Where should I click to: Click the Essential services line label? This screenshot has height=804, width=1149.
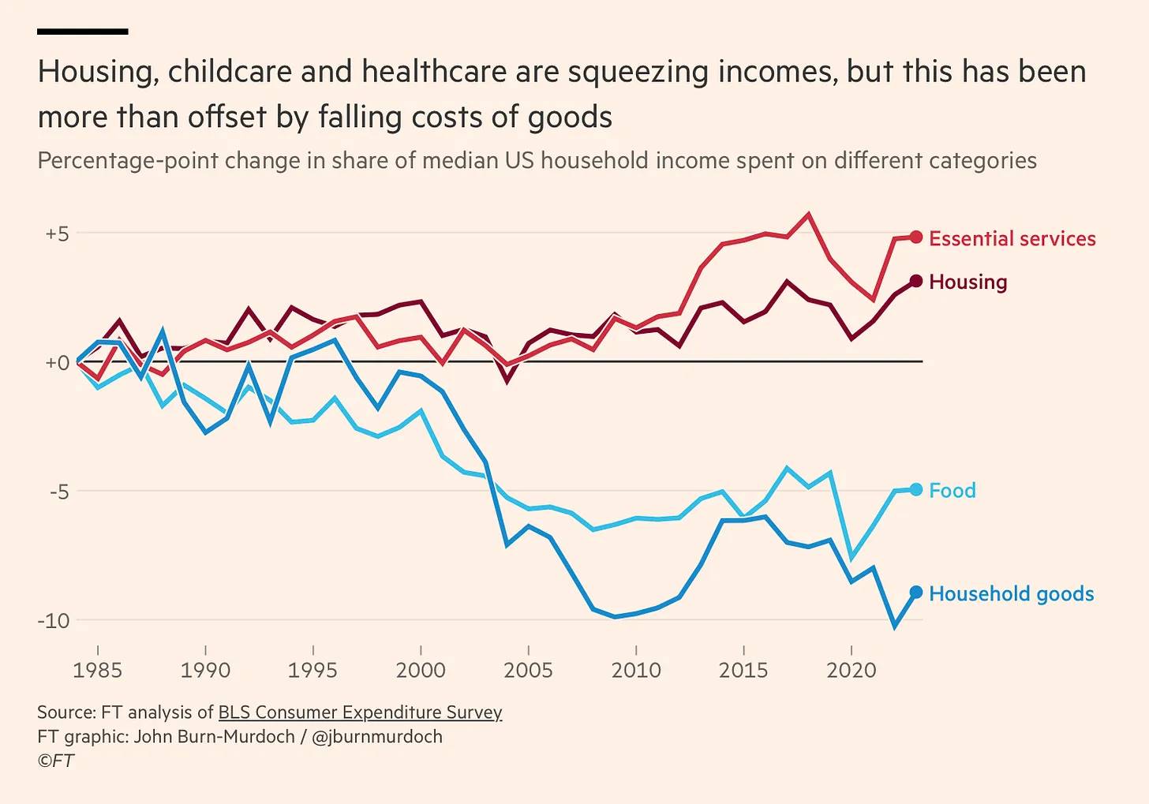click(1012, 238)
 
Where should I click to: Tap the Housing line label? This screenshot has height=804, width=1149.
click(967, 282)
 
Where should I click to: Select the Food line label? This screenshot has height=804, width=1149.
click(952, 490)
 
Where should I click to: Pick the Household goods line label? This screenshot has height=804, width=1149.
click(1011, 593)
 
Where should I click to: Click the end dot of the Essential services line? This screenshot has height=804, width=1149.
click(915, 237)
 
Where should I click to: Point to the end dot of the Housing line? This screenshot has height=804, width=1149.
click(915, 281)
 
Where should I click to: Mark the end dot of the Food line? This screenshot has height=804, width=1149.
click(915, 490)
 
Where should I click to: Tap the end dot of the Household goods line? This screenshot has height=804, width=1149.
click(915, 593)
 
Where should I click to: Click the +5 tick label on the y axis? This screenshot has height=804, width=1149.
click(57, 234)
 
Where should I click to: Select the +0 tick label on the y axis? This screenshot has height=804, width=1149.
click(57, 363)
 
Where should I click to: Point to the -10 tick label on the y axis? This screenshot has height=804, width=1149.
click(54, 620)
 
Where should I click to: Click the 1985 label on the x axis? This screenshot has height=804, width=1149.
click(98, 671)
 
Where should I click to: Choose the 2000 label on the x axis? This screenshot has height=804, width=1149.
click(421, 671)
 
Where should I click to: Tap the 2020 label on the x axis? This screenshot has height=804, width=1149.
click(851, 671)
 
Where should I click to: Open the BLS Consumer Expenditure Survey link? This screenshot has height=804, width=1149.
click(360, 712)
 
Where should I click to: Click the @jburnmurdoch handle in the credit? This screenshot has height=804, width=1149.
click(376, 737)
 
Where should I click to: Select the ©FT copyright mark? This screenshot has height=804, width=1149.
click(55, 761)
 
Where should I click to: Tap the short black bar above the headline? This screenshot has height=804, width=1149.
click(82, 32)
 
